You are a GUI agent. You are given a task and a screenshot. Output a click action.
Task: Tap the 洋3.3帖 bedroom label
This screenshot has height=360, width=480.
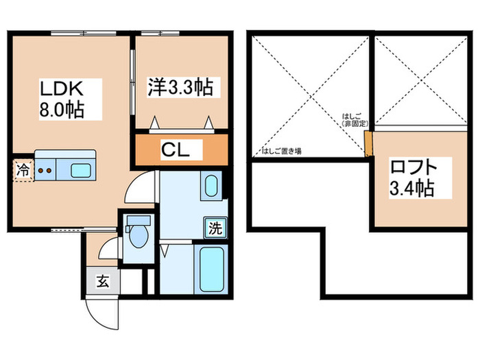180,88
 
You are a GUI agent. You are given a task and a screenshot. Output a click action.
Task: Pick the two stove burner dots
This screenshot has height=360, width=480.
45,171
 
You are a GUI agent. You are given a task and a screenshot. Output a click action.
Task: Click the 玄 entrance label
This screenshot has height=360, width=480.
101,280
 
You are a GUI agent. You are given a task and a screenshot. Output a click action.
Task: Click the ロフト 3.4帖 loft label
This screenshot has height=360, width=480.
412,176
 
